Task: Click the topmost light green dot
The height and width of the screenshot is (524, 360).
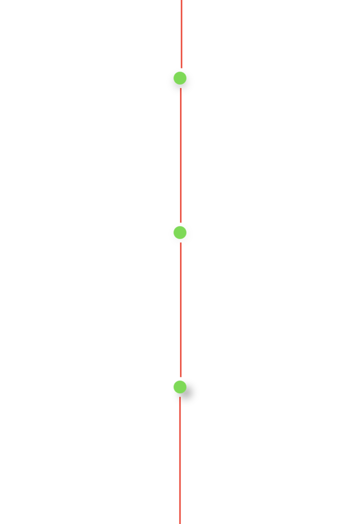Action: [x=180, y=78]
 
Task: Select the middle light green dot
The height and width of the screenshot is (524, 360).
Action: [x=180, y=232]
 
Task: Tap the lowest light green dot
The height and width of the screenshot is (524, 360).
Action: [x=180, y=387]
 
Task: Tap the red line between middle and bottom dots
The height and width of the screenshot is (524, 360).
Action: [x=180, y=309]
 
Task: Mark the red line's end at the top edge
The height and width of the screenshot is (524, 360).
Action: [x=181, y=1]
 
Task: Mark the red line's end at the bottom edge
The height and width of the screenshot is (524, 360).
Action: [x=180, y=522]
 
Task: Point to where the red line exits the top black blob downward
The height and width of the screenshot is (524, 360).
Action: [x=180, y=95]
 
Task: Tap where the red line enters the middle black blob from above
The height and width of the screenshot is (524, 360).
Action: [x=180, y=223]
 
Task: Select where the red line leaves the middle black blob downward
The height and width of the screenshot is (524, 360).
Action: [x=180, y=246]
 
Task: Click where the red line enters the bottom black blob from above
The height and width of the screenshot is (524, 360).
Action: [x=180, y=379]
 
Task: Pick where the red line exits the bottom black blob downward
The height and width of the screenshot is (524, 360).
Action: [x=180, y=406]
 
